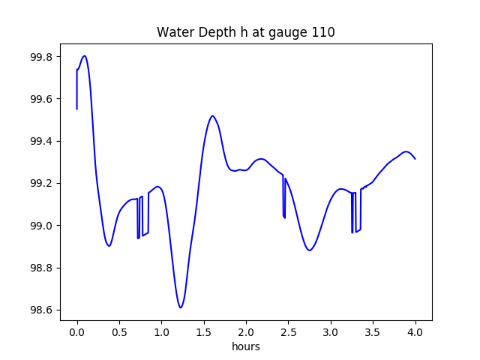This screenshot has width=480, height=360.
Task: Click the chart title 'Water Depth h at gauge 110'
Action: [x=245, y=33]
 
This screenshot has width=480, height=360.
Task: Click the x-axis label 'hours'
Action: [x=245, y=347]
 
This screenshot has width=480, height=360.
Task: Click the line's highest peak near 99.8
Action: [x=85, y=55]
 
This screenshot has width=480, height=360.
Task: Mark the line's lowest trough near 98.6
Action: [x=181, y=307]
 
